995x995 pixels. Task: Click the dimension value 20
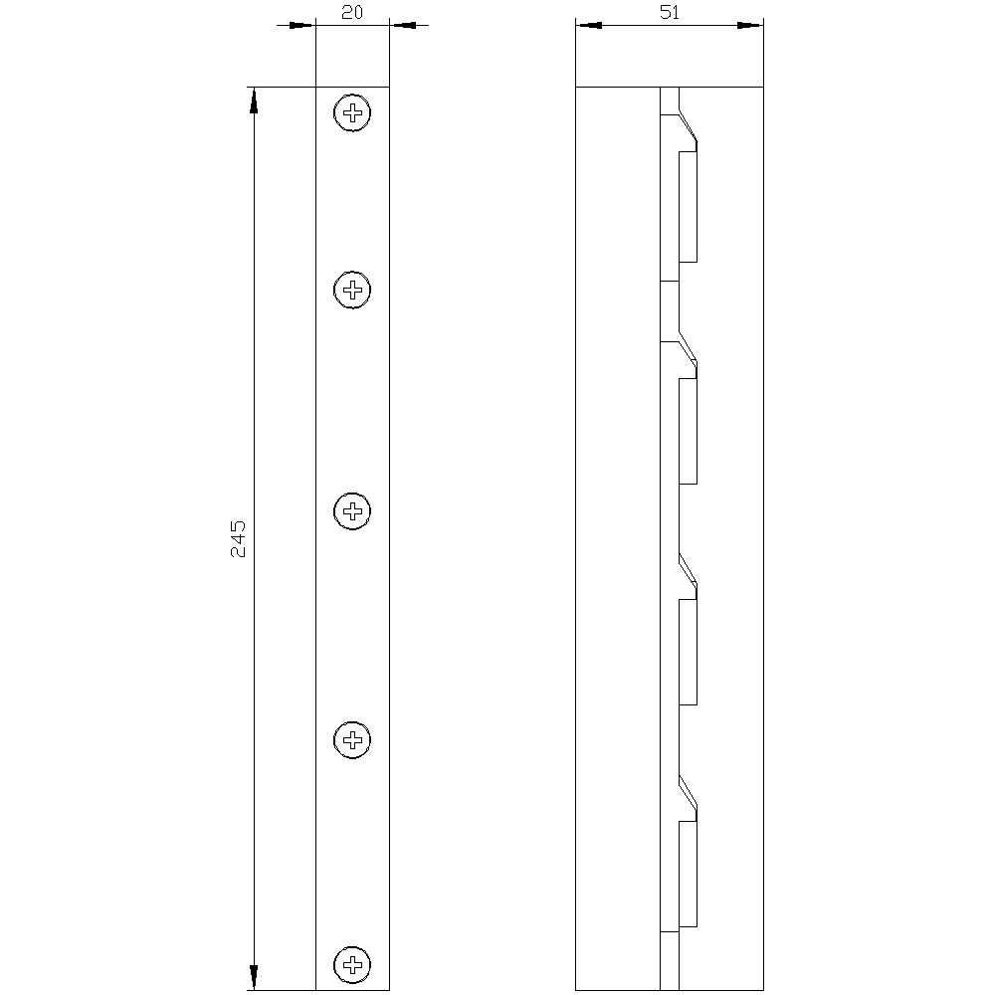click(351, 13)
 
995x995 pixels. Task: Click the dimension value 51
click(670, 13)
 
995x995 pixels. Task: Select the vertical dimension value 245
click(239, 537)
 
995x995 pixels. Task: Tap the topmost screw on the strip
click(352, 112)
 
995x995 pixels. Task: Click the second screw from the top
click(352, 290)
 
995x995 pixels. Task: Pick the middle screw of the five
click(352, 512)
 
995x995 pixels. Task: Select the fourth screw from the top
click(352, 739)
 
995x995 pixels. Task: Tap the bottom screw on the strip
click(352, 963)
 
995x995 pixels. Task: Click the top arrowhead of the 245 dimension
click(254, 99)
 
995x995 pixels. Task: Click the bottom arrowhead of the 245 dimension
click(254, 977)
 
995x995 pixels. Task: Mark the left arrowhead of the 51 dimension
click(589, 25)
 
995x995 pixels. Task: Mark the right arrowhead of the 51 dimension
click(749, 25)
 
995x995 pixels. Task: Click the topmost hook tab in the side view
click(688, 207)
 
